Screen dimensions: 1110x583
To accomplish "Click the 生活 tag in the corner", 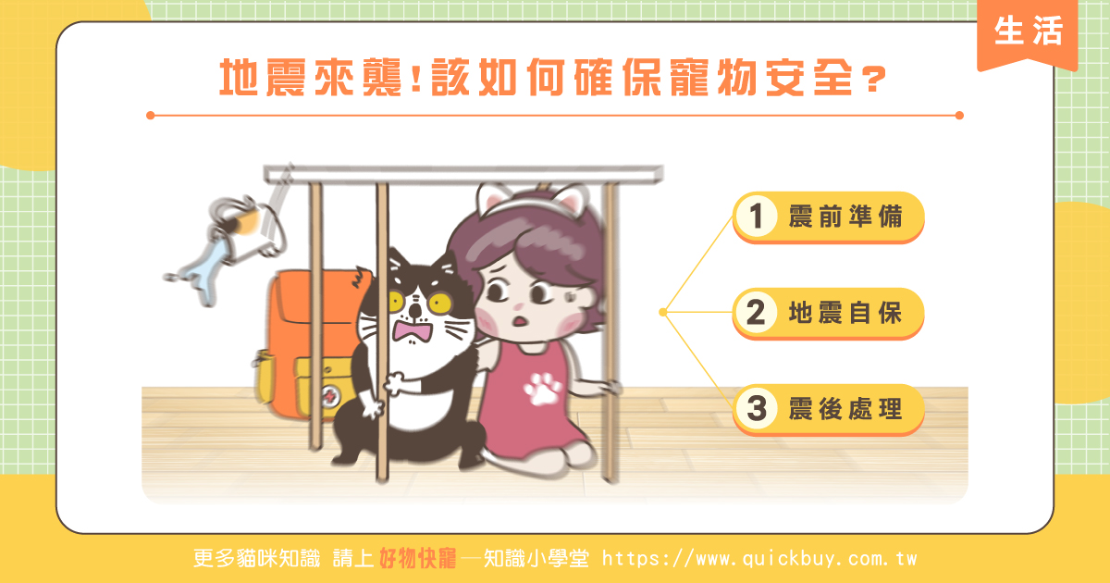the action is (x=1028, y=32).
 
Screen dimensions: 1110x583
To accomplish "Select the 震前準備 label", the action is (x=845, y=217).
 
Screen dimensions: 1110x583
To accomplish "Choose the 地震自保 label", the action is (x=845, y=313).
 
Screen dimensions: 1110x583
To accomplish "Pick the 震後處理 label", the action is (x=845, y=409).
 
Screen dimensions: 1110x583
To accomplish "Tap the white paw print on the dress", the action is (x=542, y=390).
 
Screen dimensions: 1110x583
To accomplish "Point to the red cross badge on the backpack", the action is (x=329, y=397).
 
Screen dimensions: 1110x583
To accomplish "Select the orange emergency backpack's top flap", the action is (x=317, y=296).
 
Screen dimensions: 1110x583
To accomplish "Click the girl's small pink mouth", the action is (x=519, y=321).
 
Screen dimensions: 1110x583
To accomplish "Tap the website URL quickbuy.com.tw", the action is (x=759, y=559).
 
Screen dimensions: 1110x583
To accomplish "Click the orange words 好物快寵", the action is (x=418, y=559).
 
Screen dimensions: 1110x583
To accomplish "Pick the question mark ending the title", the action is (x=874, y=80).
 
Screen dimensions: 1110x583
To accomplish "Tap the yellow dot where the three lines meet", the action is (x=663, y=312).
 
